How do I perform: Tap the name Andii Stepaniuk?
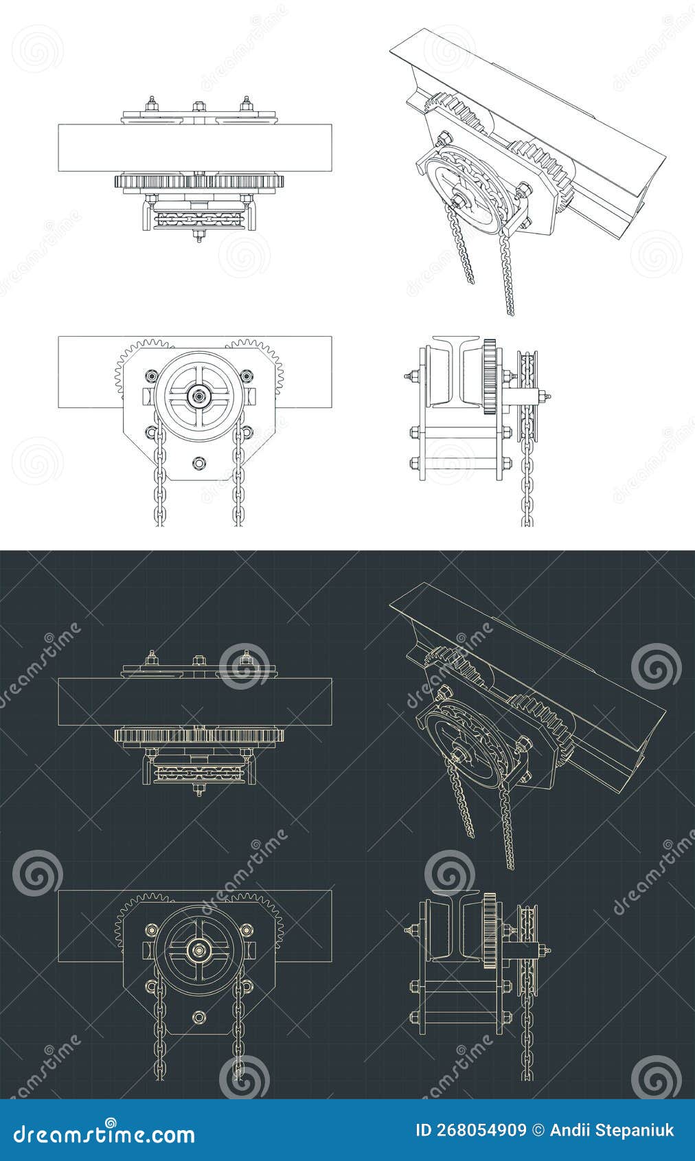point(612,1130)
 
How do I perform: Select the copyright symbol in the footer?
point(538,1130)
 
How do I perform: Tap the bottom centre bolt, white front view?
point(199,462)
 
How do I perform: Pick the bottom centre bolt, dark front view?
point(199,1017)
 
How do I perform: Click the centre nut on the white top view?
point(199,106)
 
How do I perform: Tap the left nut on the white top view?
point(151,106)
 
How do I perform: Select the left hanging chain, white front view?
point(159,481)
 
